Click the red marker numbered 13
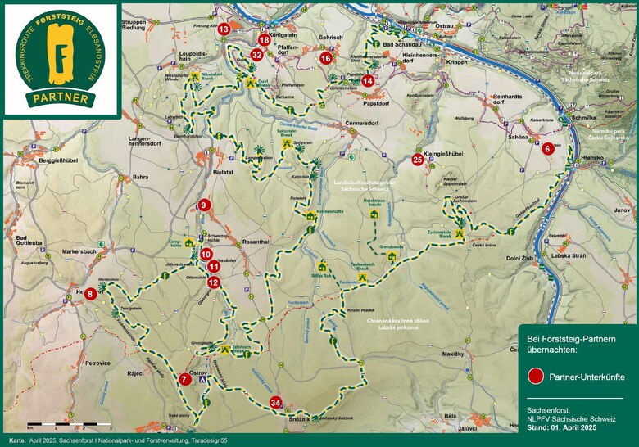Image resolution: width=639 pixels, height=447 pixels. click(x=224, y=29)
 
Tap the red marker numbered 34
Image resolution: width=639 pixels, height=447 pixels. click(x=276, y=403)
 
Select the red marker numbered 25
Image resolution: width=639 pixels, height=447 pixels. click(x=418, y=160)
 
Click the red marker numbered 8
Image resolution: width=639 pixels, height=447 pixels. click(x=90, y=293)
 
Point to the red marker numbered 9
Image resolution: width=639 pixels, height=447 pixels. click(x=204, y=205)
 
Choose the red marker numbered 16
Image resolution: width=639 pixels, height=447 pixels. click(x=326, y=58)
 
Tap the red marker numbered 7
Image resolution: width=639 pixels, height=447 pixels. click(x=184, y=379)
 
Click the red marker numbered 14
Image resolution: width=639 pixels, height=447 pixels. click(x=368, y=80)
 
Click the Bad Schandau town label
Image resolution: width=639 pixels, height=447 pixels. click(x=401, y=43)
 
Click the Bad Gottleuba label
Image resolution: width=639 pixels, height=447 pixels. click(x=32, y=242)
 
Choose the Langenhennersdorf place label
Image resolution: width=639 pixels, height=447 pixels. click(x=146, y=144)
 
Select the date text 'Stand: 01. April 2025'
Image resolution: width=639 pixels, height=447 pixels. click(x=561, y=427)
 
